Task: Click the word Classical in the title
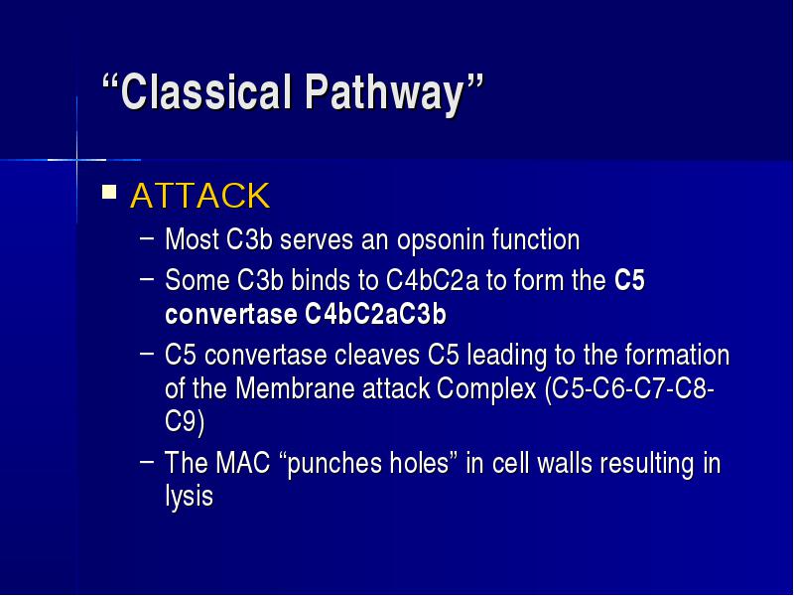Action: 206,91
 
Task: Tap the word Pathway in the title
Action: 385,93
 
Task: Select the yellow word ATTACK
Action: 200,196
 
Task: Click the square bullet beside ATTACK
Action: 109,192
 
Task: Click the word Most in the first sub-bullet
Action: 192,239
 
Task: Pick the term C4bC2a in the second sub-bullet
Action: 432,280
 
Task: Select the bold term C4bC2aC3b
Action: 375,314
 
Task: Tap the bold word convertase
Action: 231,315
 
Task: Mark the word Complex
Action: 486,389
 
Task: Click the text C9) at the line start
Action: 185,421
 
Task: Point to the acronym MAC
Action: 242,463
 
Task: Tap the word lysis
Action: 189,496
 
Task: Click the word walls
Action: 564,463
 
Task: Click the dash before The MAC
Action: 146,461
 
